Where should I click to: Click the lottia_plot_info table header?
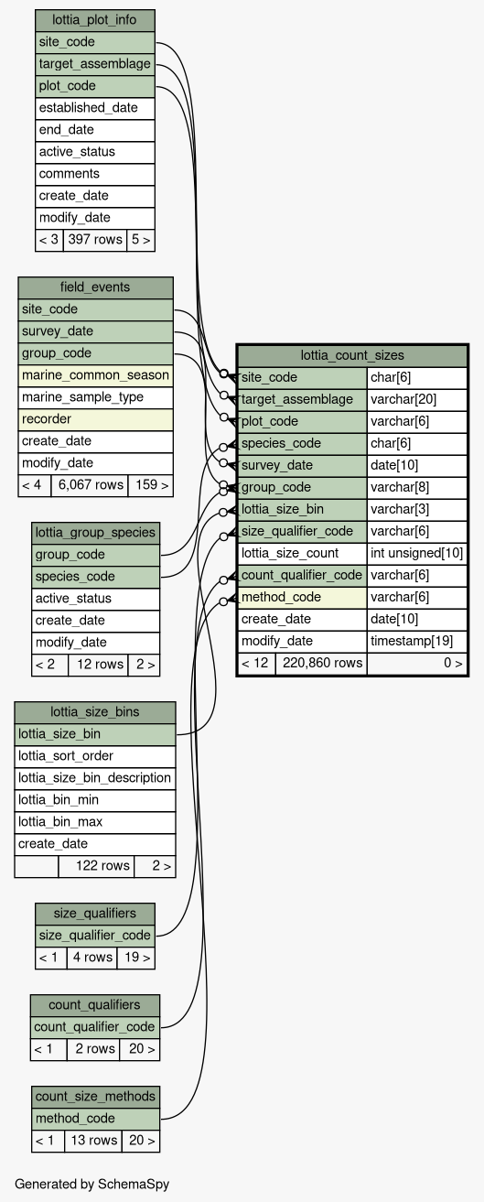click(95, 20)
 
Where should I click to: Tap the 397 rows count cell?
click(95, 240)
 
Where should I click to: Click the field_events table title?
click(95, 287)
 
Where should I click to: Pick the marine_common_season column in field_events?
click(95, 375)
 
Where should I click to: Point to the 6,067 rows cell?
click(90, 485)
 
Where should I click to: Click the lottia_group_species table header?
click(95, 533)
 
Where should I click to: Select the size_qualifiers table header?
click(95, 914)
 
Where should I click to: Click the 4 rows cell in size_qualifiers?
click(91, 958)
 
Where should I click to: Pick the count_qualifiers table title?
click(95, 1005)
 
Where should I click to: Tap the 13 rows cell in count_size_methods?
click(93, 1141)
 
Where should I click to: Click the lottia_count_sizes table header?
click(352, 356)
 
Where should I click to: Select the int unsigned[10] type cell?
click(417, 554)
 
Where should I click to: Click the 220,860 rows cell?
click(321, 664)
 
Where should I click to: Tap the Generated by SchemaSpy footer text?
click(91, 1185)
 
